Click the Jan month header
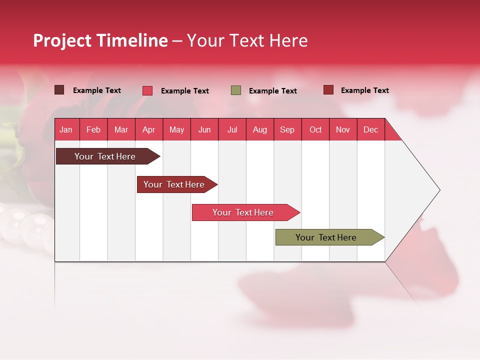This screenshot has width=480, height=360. pos(66,130)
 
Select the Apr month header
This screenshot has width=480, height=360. pos(148,130)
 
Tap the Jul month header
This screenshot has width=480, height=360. pos(232,130)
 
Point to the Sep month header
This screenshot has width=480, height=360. pos(287,130)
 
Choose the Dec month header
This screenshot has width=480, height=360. pos(370,130)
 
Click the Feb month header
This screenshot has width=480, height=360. pos(93,130)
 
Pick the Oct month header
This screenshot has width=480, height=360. pos(315,130)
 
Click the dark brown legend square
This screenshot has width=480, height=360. pos(59,90)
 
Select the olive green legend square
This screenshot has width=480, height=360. pos(236,90)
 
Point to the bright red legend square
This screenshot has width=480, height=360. pos(147,90)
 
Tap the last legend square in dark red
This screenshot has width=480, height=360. pos(328,90)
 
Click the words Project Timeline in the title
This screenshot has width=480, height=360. pos(100,40)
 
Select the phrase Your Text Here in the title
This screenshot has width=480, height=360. pos(247,40)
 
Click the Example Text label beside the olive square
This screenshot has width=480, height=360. pos(272,91)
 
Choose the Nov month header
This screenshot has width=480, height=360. pos(343,130)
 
